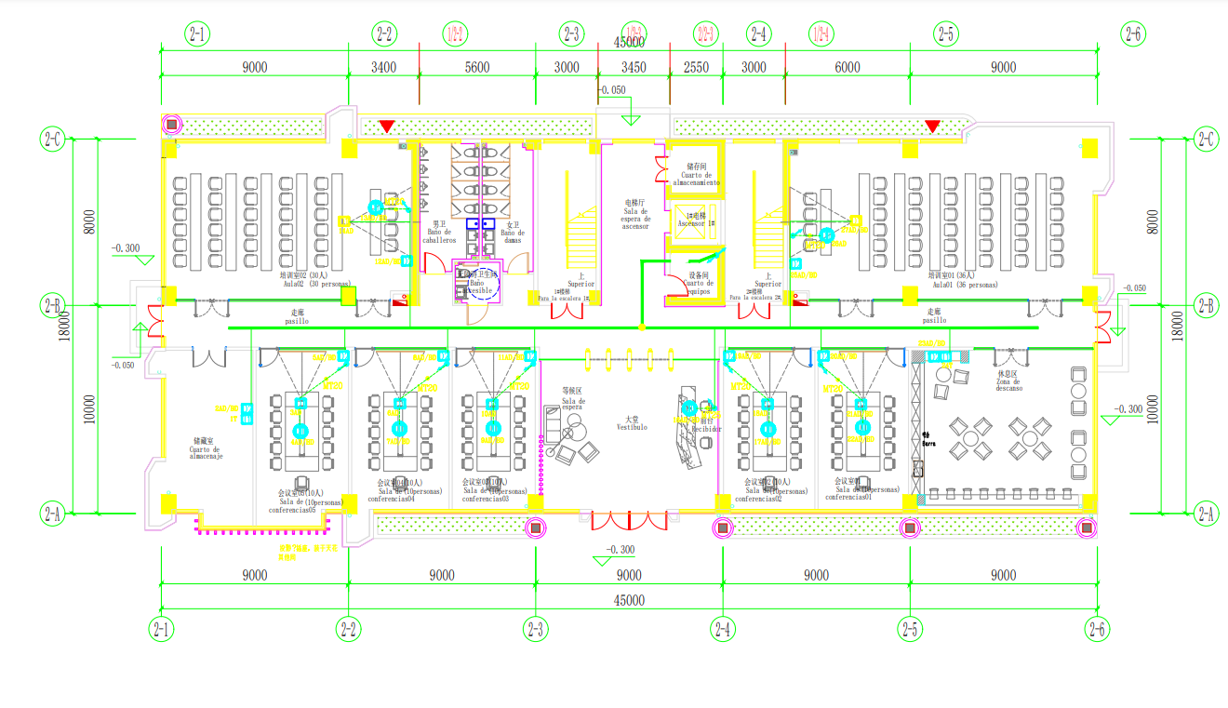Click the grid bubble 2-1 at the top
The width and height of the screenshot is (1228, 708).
point(198,34)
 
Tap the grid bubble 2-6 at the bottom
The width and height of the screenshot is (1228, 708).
point(1097,629)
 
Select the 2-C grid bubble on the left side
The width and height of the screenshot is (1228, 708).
point(52,140)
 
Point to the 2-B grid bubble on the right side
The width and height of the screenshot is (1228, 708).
point(1207,305)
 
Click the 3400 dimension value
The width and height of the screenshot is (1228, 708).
point(383,67)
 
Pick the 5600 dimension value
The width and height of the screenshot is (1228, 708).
point(476,67)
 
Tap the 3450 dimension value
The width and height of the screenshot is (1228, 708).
point(633,67)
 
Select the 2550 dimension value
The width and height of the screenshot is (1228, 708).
point(696,67)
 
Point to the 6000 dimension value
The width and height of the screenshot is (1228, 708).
point(848,67)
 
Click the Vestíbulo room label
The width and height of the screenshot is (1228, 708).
point(631,427)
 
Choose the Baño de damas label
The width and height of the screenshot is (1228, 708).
point(513,236)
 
